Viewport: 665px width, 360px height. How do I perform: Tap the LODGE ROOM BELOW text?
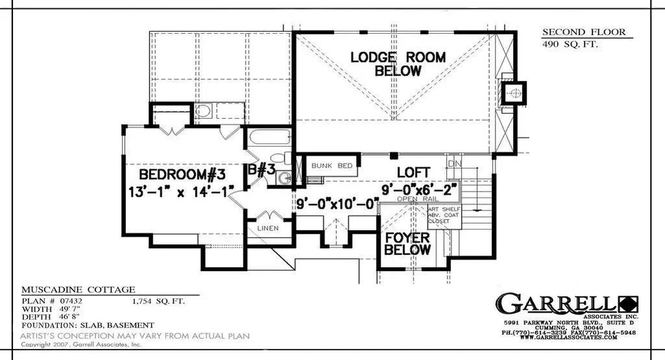pyautogui.click(x=397, y=63)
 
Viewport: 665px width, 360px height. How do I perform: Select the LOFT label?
pyautogui.click(x=413, y=172)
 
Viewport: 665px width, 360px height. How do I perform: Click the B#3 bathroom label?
pyautogui.click(x=262, y=172)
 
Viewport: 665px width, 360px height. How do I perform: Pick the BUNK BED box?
pyautogui.click(x=331, y=166)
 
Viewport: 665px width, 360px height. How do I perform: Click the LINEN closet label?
pyautogui.click(x=268, y=228)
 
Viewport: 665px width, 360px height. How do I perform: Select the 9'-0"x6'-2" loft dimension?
pyautogui.click(x=420, y=188)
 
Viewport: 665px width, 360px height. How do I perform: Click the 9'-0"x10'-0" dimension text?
pyautogui.click(x=336, y=203)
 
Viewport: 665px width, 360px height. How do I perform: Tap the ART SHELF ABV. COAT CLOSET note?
pyautogui.click(x=444, y=215)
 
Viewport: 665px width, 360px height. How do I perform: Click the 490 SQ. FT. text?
pyautogui.click(x=570, y=44)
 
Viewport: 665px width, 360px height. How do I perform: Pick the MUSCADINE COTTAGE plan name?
pyautogui.click(x=78, y=289)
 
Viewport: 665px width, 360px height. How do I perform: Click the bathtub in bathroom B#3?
pyautogui.click(x=269, y=138)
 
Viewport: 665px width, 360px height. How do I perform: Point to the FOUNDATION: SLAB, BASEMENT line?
pyautogui.click(x=88, y=324)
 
